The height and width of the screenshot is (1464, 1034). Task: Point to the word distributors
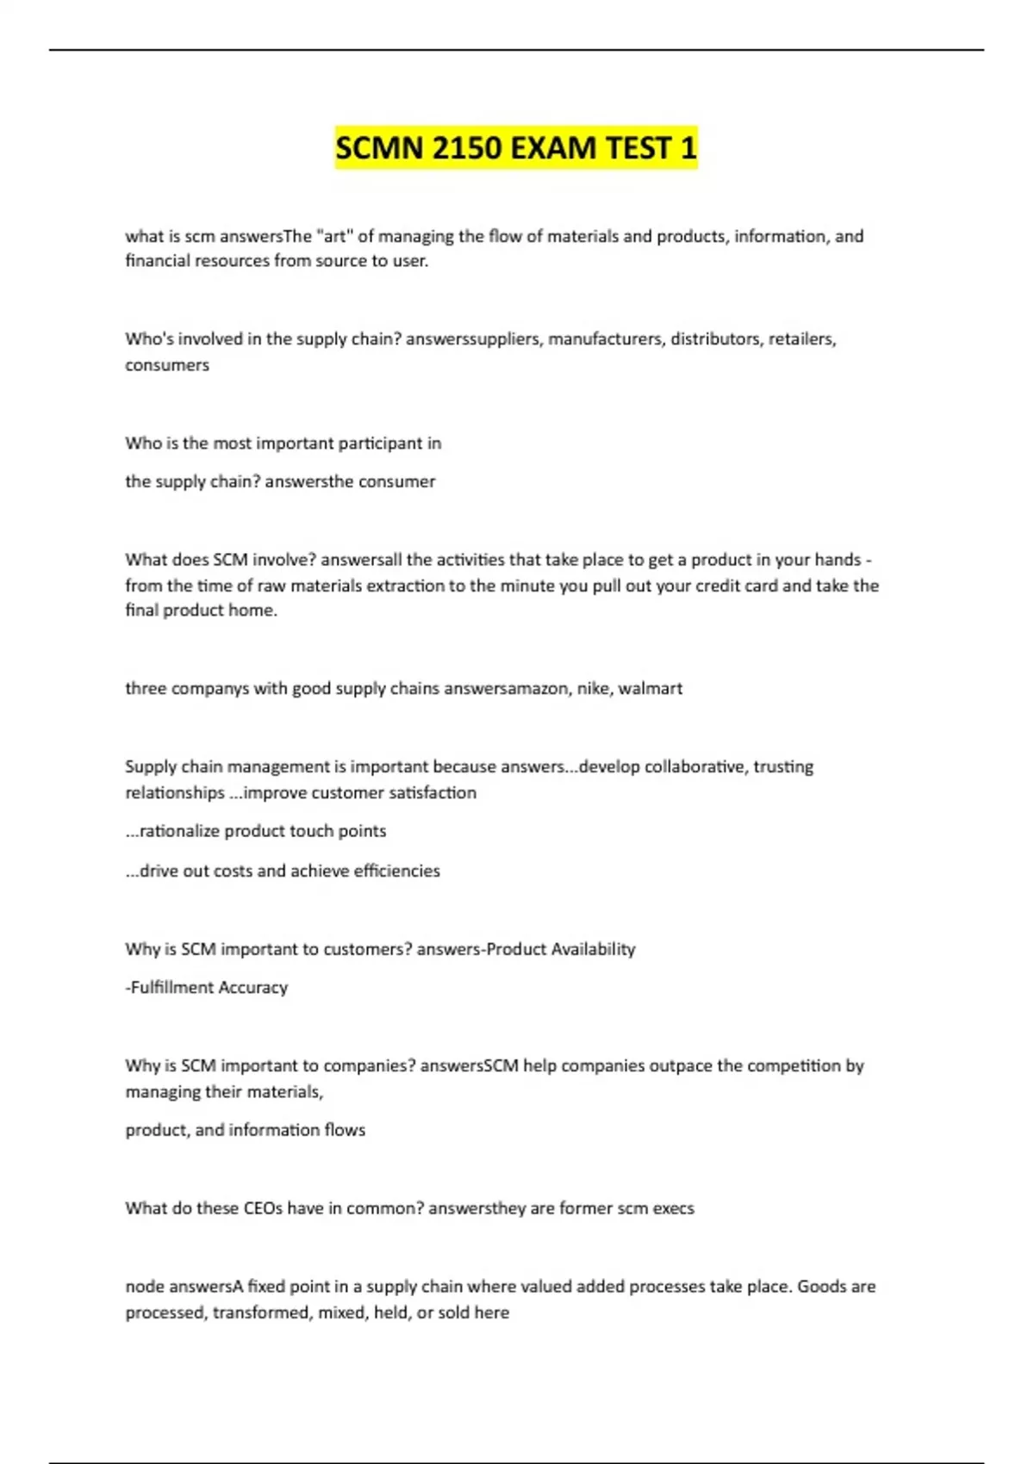(x=716, y=338)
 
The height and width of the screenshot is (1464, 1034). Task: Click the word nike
(x=594, y=688)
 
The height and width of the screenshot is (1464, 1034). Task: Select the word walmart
(x=651, y=688)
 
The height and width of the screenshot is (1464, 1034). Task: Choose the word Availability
(x=593, y=949)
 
